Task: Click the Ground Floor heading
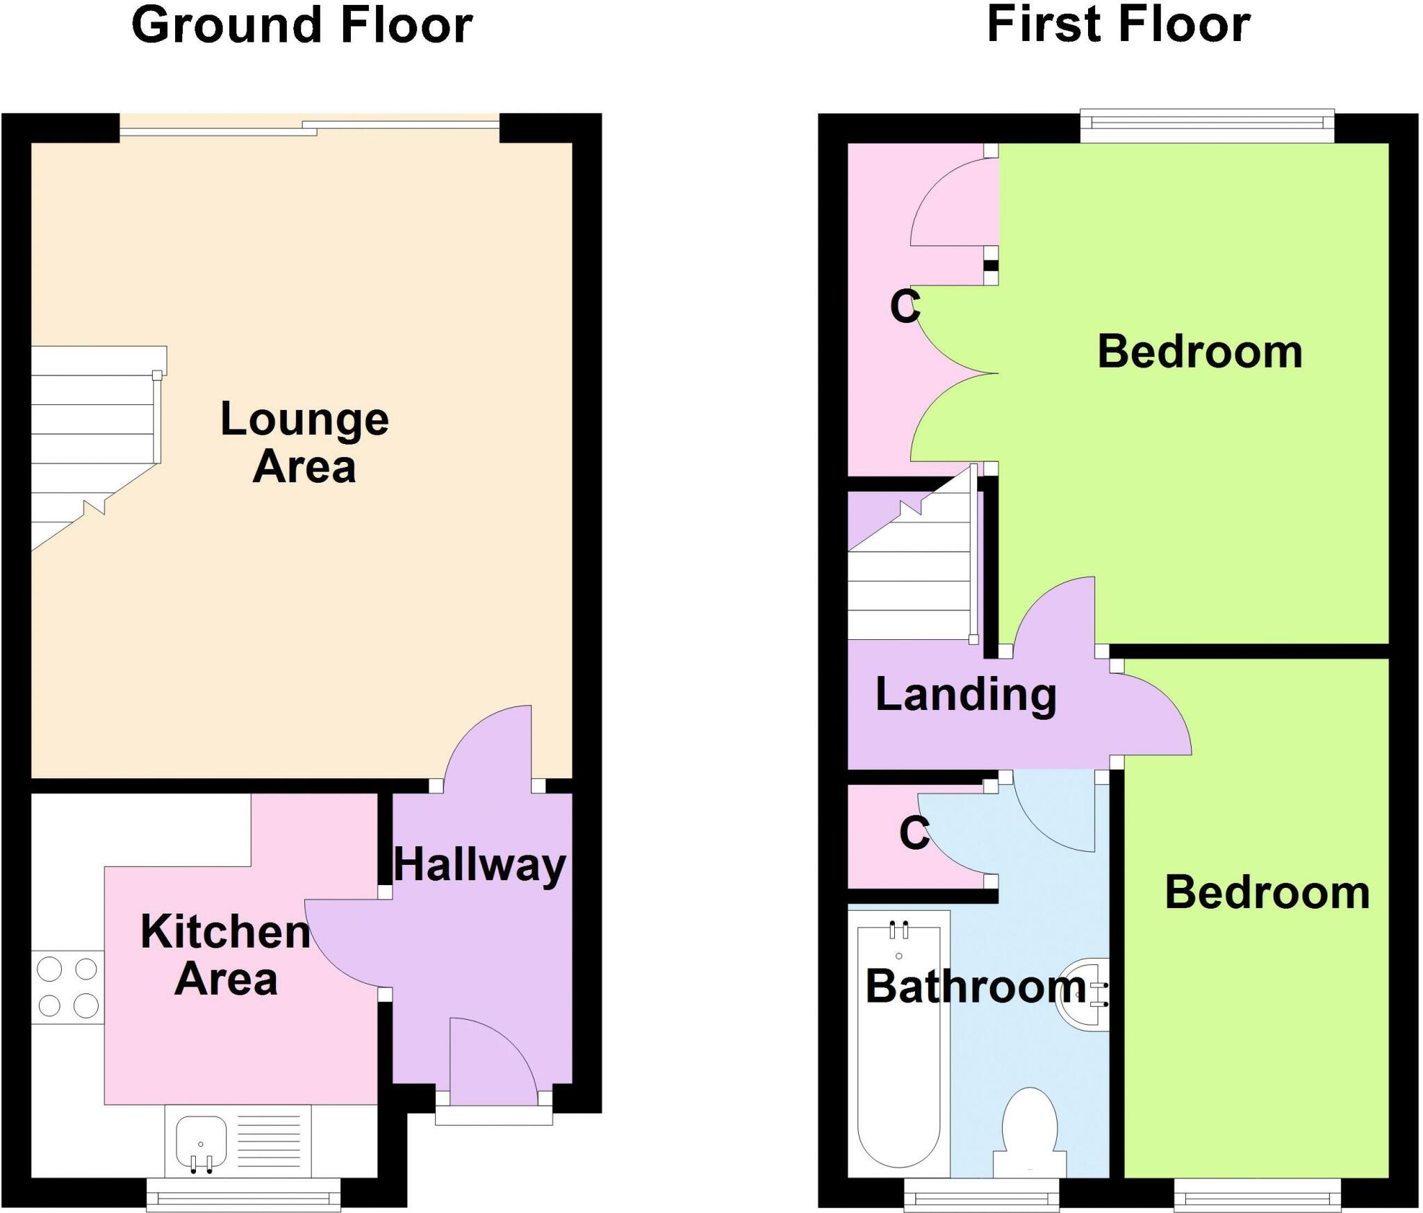pyautogui.click(x=302, y=26)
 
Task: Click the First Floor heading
pyautogui.click(x=1118, y=26)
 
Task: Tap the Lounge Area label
pyautogui.click(x=304, y=442)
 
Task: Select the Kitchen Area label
pyautogui.click(x=225, y=955)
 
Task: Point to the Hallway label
pyautogui.click(x=479, y=866)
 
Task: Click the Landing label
pyautogui.click(x=966, y=695)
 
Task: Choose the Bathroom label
pyautogui.click(x=976, y=987)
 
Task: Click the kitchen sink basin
pyautogui.click(x=201, y=1143)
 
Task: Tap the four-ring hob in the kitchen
pyautogui.click(x=67, y=987)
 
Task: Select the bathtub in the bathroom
pyautogui.click(x=898, y=1042)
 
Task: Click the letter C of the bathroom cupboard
pyautogui.click(x=914, y=832)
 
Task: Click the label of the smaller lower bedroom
pyautogui.click(x=1267, y=893)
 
